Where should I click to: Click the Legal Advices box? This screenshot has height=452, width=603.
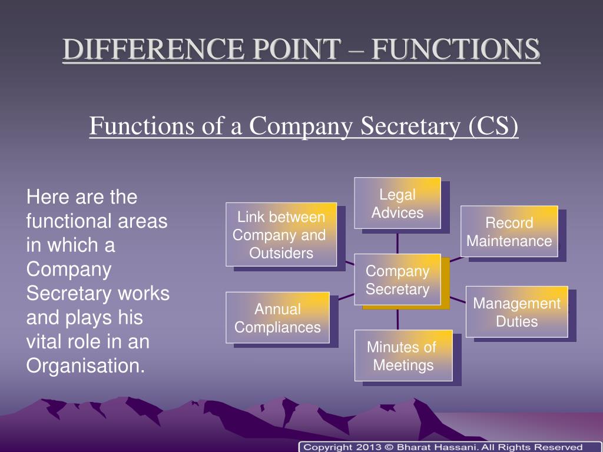coord(397,203)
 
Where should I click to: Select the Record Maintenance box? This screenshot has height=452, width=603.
coord(509,231)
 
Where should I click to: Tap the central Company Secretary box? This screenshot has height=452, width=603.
coord(397,280)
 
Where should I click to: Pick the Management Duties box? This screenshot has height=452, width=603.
coord(517,312)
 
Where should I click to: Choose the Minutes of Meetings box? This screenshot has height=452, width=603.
coord(403,355)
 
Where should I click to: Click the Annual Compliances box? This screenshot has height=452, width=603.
coord(278,318)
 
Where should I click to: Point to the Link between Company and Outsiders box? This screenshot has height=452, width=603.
coord(281,235)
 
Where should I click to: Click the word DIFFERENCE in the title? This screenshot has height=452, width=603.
coord(140,50)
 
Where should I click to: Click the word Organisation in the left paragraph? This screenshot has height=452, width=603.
coord(85,365)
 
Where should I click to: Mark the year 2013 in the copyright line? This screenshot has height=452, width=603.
coord(367,447)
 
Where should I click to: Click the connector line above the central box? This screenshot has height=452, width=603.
coord(397,241)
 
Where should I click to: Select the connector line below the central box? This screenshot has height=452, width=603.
coord(397,317)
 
